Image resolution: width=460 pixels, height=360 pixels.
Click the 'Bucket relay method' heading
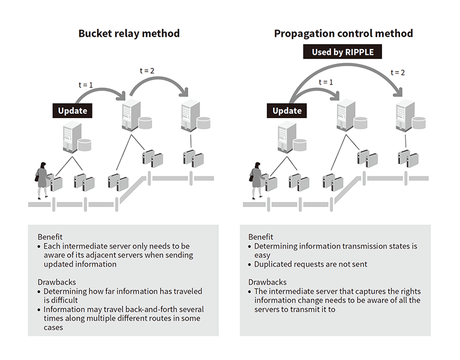click(x=129, y=33)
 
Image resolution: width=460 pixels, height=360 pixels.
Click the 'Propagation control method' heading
click(x=343, y=34)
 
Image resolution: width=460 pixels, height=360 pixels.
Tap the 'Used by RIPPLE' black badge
click(x=342, y=52)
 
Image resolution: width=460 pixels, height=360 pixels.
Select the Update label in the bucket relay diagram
click(x=72, y=110)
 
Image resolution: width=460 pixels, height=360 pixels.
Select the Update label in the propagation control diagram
click(x=287, y=110)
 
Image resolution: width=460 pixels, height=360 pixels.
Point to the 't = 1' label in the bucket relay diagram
click(x=86, y=85)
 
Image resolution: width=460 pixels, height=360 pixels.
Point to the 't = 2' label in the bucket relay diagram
click(x=147, y=70)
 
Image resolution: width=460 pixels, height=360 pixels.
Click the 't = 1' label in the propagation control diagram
click(x=326, y=82)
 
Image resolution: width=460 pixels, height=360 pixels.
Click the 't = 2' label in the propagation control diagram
click(x=398, y=73)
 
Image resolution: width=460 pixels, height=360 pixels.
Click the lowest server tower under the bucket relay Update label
click(x=72, y=137)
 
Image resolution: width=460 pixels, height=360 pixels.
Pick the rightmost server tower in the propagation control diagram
click(x=405, y=115)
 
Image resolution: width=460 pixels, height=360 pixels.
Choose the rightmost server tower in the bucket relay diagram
click(x=191, y=115)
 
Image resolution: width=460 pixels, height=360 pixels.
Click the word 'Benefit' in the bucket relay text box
click(x=50, y=236)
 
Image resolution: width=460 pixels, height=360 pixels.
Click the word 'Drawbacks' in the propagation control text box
click(x=267, y=282)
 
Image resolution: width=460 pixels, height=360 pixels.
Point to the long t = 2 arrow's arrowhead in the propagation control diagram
click(x=398, y=92)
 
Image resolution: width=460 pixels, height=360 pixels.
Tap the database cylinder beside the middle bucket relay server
click(x=145, y=123)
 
